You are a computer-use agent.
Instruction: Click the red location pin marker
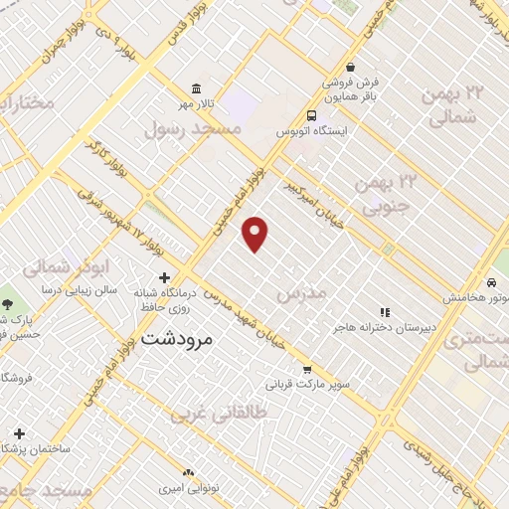(x=255, y=234)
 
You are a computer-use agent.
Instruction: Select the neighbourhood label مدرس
(x=301, y=293)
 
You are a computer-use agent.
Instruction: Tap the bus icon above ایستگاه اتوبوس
(x=312, y=114)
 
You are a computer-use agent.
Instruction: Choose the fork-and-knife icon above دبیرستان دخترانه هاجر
(x=384, y=312)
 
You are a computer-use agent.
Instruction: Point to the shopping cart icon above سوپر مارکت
(x=306, y=367)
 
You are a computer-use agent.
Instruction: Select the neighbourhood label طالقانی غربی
(x=219, y=413)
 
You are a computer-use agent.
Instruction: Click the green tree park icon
(x=7, y=304)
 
